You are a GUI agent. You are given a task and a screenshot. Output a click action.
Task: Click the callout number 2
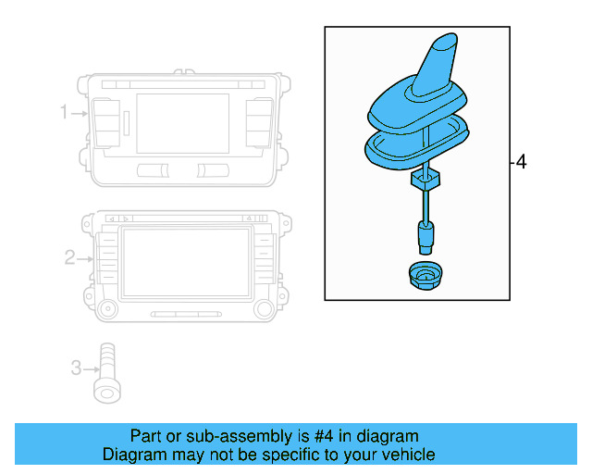click(69, 257)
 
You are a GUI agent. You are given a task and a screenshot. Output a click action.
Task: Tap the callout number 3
click(76, 368)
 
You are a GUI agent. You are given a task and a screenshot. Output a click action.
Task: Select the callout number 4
click(521, 163)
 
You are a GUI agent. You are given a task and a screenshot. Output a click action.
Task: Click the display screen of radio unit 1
click(181, 123)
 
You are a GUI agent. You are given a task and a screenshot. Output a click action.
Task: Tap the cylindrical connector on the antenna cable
click(425, 237)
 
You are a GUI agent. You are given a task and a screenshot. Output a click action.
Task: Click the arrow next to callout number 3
click(90, 368)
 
